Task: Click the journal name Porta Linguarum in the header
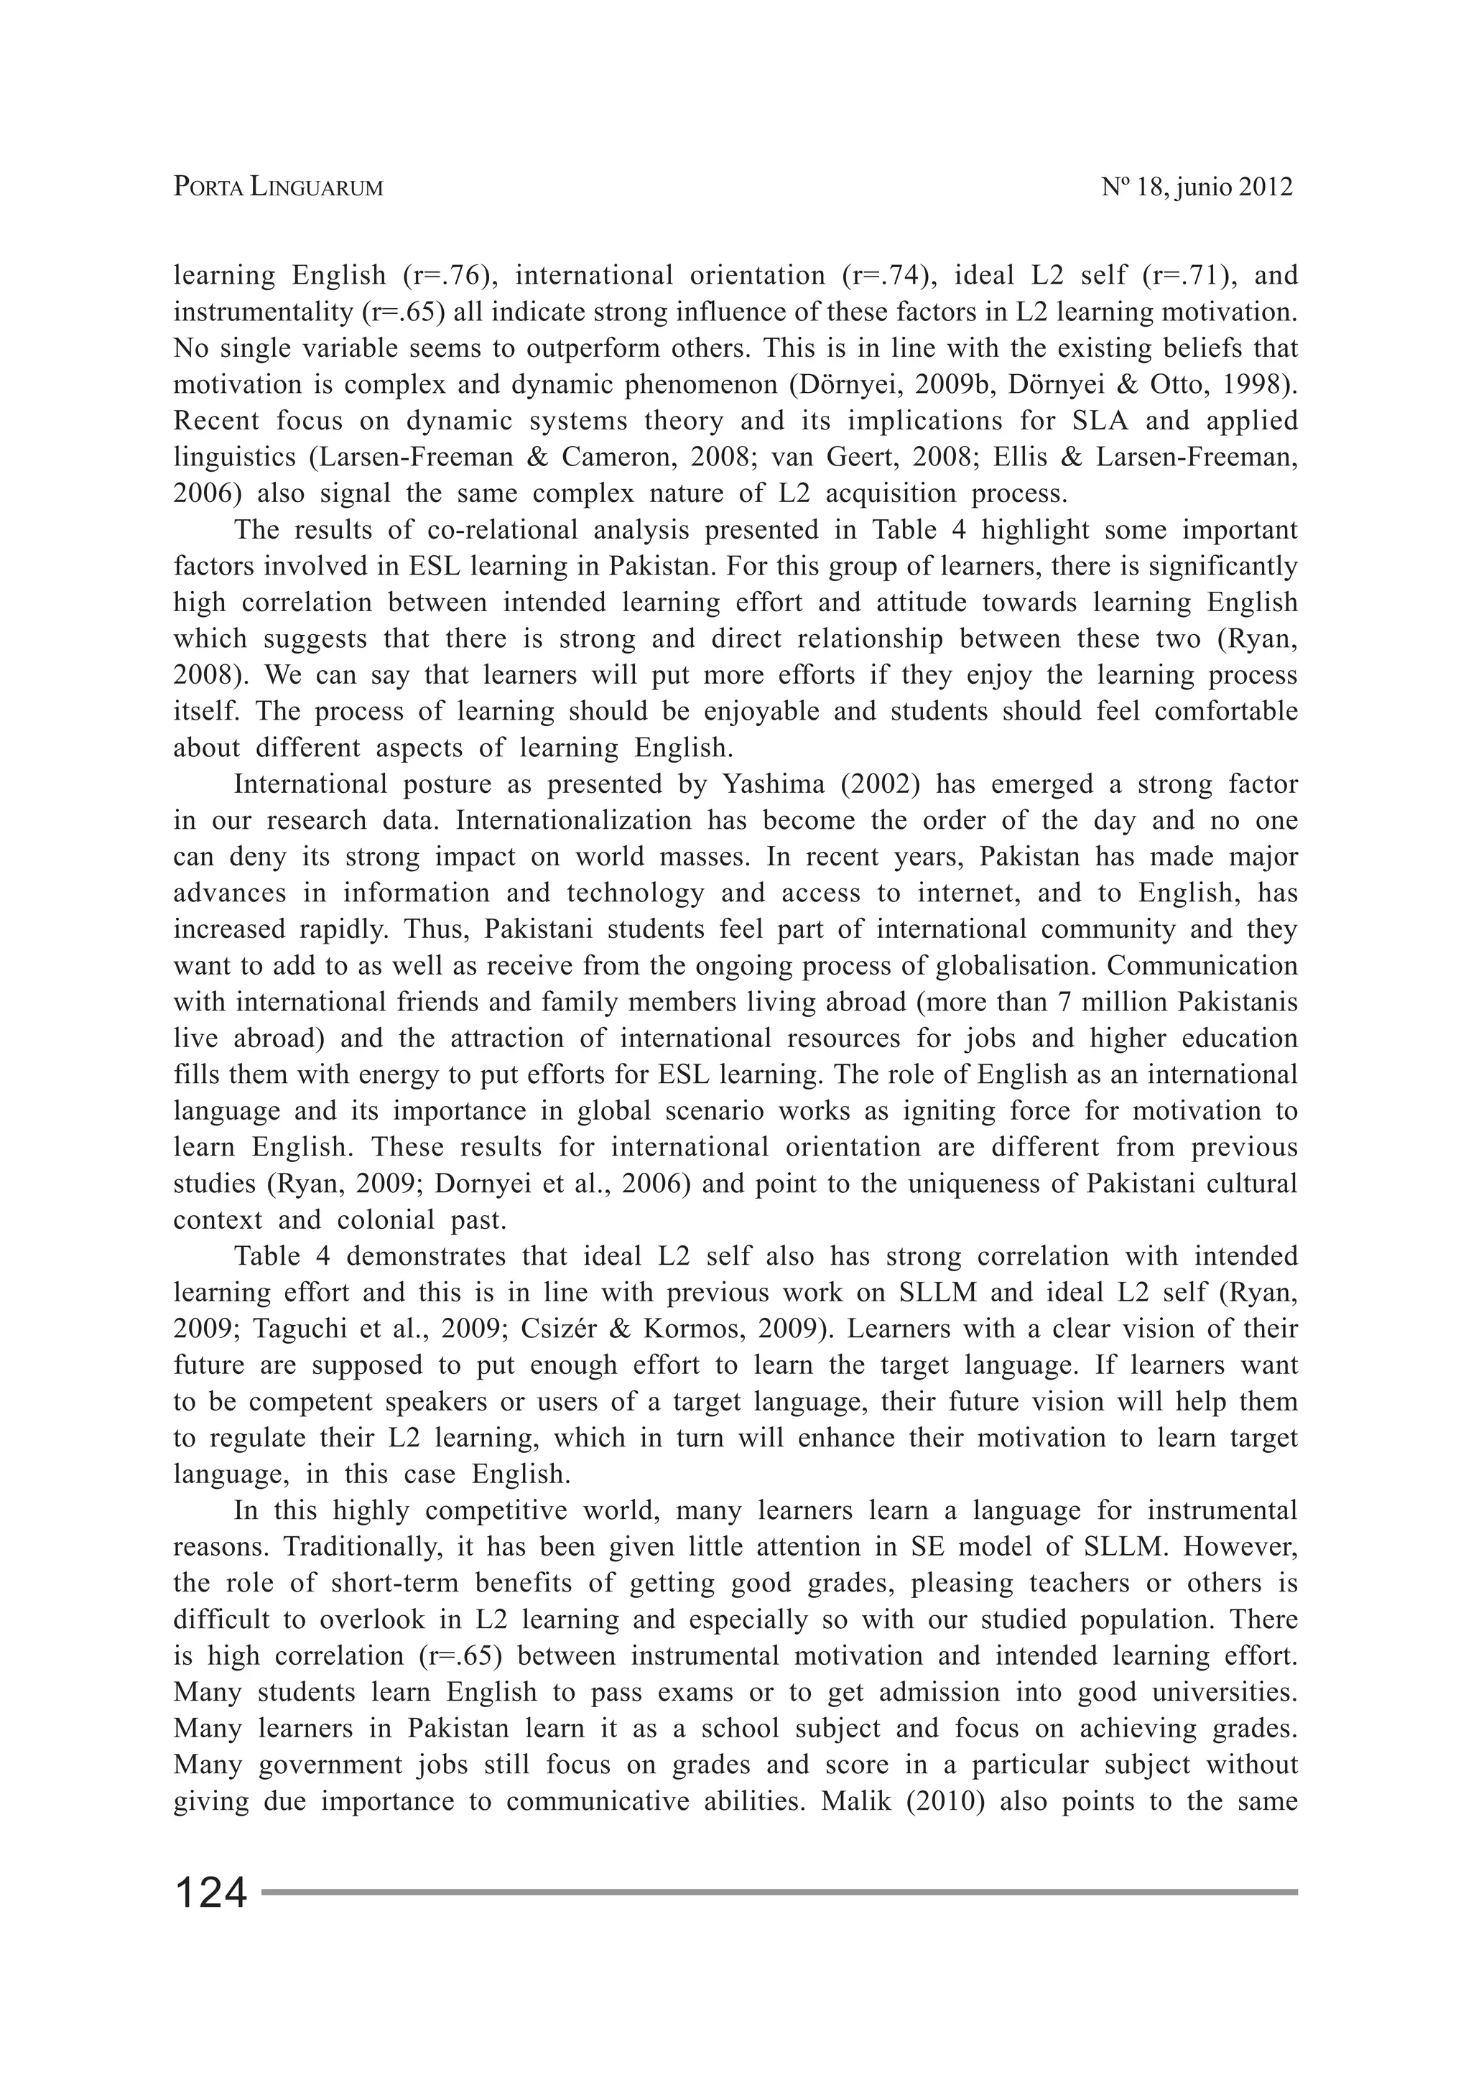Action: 278,187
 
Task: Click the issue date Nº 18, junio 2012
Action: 1197,187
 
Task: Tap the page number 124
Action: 210,1893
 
